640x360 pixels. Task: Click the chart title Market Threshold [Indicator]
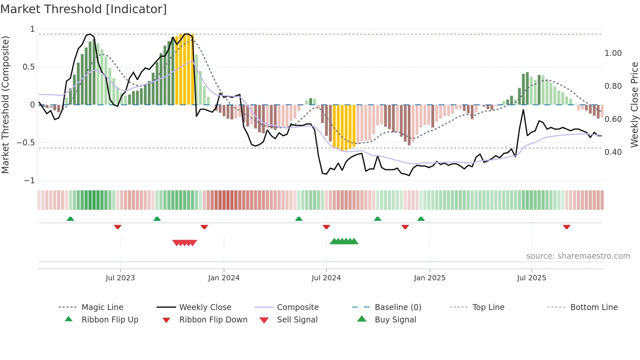[x=84, y=9]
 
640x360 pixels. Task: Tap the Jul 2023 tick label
[x=120, y=278]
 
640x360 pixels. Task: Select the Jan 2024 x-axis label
[x=224, y=278]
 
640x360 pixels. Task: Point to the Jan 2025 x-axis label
[x=429, y=278]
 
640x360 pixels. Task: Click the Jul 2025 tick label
[x=531, y=278]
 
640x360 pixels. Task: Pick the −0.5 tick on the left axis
[x=26, y=143]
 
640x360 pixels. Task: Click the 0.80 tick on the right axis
[x=613, y=86]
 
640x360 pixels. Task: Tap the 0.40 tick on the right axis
[x=613, y=152]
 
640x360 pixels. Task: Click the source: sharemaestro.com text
[x=578, y=256]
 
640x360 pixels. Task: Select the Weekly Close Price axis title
[x=634, y=105]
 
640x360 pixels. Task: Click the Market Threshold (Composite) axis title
[x=5, y=105]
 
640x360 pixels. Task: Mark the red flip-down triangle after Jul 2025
[x=567, y=227]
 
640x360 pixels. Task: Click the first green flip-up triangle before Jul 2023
[x=70, y=219]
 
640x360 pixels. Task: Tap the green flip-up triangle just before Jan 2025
[x=421, y=219]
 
